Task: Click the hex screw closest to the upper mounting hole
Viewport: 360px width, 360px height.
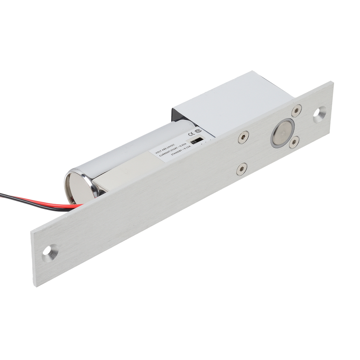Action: (297, 110)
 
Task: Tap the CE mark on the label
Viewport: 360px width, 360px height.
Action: (191, 134)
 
